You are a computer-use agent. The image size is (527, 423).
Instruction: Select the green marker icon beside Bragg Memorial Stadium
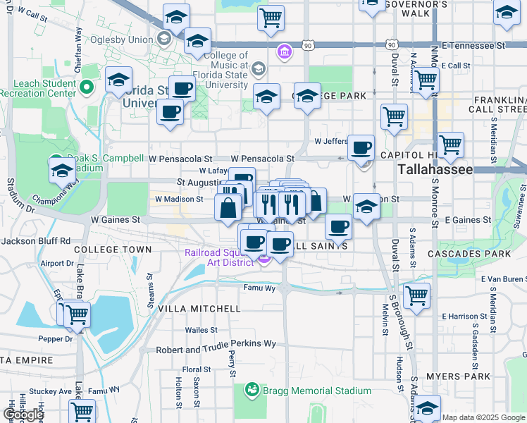pyautogui.click(x=252, y=390)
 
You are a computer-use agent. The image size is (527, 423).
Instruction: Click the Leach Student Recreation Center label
pyautogui.click(x=37, y=87)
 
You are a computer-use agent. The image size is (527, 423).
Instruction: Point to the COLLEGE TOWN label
pyautogui.click(x=113, y=250)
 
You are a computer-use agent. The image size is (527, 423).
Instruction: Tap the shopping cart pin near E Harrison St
pyautogui.click(x=416, y=296)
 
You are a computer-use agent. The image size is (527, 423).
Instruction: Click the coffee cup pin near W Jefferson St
pyautogui.click(x=361, y=148)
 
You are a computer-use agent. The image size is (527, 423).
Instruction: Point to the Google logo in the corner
pyautogui.click(x=23, y=415)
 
